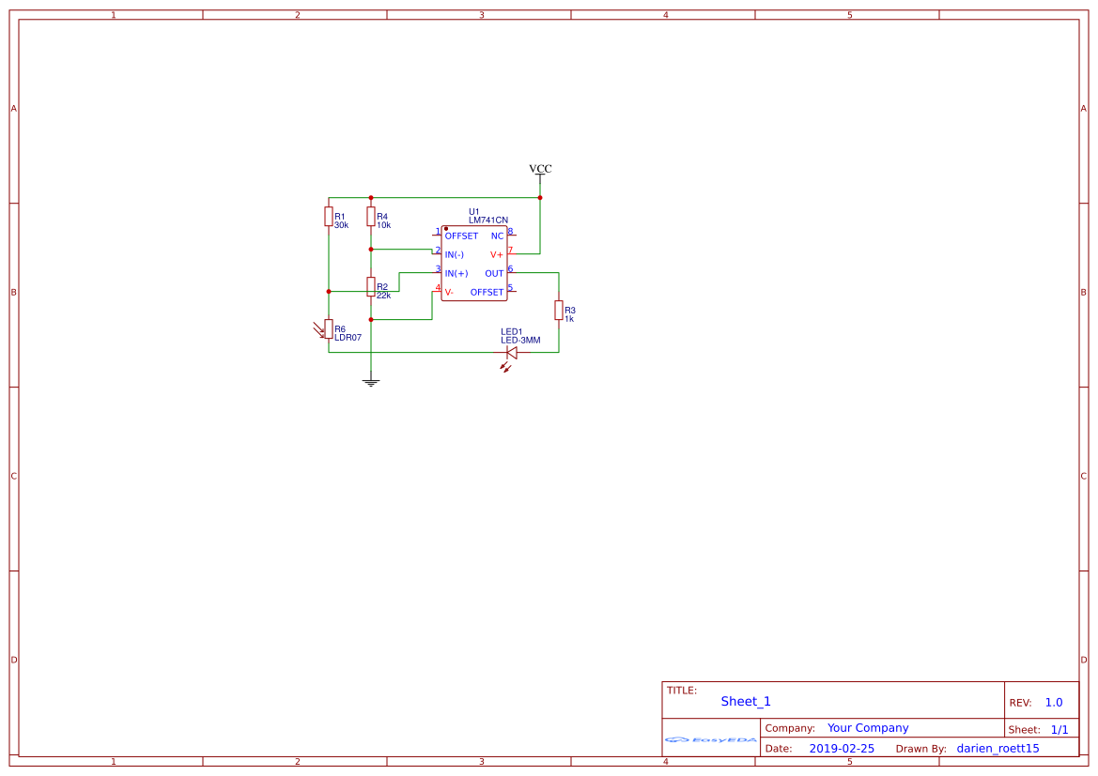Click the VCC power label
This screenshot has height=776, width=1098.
pyautogui.click(x=540, y=169)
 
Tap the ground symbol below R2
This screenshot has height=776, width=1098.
pyautogui.click(x=371, y=382)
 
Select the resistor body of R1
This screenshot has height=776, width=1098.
pyautogui.click(x=329, y=217)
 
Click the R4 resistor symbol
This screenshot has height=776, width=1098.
pyautogui.click(x=371, y=217)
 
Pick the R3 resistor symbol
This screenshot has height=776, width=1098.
pyautogui.click(x=559, y=310)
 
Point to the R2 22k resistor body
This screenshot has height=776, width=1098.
pyautogui.click(x=371, y=286)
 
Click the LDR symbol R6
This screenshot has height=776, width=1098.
pyautogui.click(x=329, y=328)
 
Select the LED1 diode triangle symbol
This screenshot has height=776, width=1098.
pyautogui.click(x=512, y=353)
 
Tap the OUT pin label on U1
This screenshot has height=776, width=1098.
pyautogui.click(x=494, y=273)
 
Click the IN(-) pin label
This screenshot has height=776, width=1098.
pyautogui.click(x=455, y=254)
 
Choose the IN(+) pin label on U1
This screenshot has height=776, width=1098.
pyautogui.click(x=456, y=273)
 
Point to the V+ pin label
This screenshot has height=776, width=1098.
pyautogui.click(x=497, y=254)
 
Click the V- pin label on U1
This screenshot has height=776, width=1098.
pyautogui.click(x=449, y=292)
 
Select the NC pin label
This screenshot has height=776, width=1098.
pyautogui.click(x=498, y=236)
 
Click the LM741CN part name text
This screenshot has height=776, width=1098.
pyautogui.click(x=488, y=220)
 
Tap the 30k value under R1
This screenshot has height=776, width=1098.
pyautogui.click(x=341, y=225)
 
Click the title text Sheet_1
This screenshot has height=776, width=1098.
pyautogui.click(x=746, y=701)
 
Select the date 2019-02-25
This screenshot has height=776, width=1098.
pyautogui.click(x=842, y=749)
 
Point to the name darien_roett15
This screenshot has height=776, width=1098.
pyautogui.click(x=997, y=749)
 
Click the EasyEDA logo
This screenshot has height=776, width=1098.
pyautogui.click(x=710, y=740)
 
